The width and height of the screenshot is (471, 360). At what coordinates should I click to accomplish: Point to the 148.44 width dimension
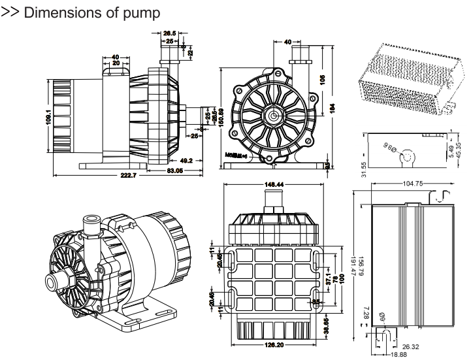pos(274,185)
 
